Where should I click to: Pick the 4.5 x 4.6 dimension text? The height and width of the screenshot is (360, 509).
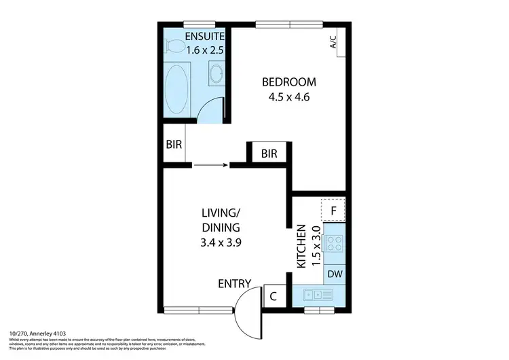point(289,96)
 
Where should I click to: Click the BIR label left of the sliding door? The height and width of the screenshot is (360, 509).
point(174,144)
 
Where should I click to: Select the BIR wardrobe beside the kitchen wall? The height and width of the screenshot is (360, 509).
point(269,154)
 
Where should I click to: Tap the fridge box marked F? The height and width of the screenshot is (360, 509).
point(333,210)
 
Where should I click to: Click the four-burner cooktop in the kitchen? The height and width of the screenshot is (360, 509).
point(334,243)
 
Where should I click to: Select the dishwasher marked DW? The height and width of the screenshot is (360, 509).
point(334,274)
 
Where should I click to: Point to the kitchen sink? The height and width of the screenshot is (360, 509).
point(318,295)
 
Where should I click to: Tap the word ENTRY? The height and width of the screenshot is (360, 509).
point(235,283)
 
